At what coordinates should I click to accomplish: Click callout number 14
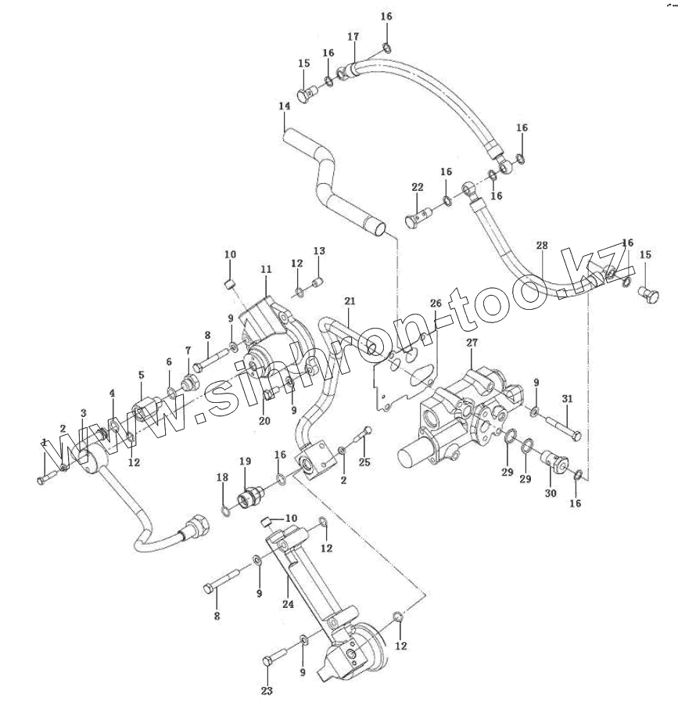(x=284, y=106)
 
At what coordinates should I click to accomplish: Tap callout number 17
(x=353, y=37)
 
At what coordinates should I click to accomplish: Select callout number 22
(x=417, y=187)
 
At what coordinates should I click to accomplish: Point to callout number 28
(x=542, y=246)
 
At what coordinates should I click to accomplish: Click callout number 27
(x=472, y=343)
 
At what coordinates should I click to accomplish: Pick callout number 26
(x=436, y=303)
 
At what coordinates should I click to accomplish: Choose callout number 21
(x=349, y=301)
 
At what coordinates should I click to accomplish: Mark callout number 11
(x=266, y=269)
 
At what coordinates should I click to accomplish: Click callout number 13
(x=318, y=251)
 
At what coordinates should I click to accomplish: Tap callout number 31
(x=568, y=398)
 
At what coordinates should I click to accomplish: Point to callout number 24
(x=288, y=604)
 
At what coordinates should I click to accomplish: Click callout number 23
(x=267, y=690)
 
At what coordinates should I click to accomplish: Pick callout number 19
(x=244, y=461)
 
